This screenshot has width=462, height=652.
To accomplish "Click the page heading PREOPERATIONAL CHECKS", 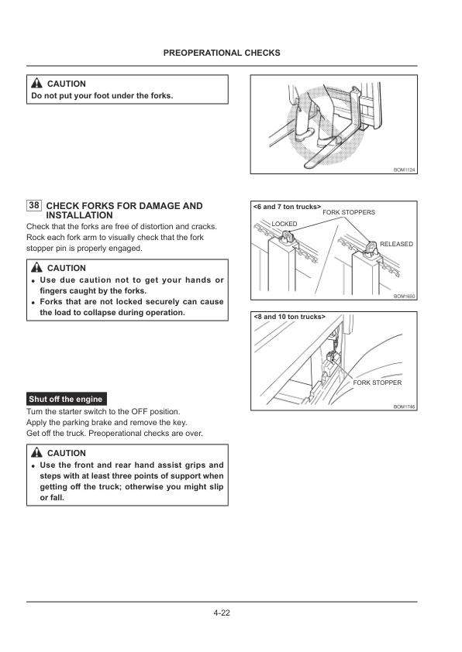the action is (222, 53).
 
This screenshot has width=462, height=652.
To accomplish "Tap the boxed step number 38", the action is (34, 205).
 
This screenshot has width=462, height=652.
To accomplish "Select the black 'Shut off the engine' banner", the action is (67, 400).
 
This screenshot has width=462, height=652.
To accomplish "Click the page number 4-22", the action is (222, 613).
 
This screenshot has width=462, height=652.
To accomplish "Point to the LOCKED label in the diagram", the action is (284, 224).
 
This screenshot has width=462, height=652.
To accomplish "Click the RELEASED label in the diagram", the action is (396, 244).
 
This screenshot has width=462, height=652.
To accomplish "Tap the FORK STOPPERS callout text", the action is (349, 212).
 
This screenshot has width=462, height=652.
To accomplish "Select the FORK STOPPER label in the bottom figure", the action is (377, 383).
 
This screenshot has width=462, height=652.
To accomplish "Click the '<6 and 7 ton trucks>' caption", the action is (287, 207).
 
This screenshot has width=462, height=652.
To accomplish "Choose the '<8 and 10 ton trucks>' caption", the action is (289, 317).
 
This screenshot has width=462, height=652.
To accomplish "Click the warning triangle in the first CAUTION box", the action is (36, 83).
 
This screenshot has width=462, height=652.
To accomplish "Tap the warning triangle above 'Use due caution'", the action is (36, 267).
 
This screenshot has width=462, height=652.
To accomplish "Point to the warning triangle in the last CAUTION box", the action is (36, 452).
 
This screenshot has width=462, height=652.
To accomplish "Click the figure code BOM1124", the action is (404, 170).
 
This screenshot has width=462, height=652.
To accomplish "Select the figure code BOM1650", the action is (404, 296).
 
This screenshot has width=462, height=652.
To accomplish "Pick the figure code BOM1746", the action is (404, 407).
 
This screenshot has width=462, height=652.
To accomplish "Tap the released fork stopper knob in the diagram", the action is (371, 247).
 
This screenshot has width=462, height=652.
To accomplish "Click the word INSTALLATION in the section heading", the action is (80, 215).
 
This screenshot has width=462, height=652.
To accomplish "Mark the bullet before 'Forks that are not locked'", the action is (33, 302).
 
